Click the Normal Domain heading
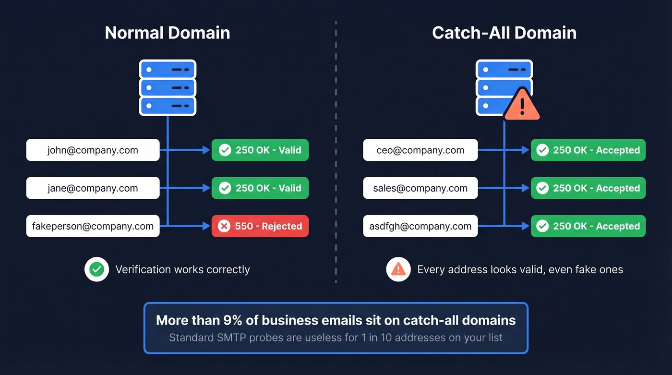pos(167,33)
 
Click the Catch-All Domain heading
pos(504,33)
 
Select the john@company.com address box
pos(93,150)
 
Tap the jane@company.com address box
pos(93,188)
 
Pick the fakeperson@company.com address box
pos(93,226)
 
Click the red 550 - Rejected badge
pos(260,226)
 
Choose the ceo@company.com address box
pos(420,150)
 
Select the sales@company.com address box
pos(420,188)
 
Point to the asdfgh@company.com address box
pos(420,226)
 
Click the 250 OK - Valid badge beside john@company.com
pos(260,150)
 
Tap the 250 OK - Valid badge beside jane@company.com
pos(260,188)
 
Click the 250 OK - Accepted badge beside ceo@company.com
pos(588,150)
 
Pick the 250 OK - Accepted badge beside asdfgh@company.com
pos(588,226)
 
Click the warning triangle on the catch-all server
pos(522,105)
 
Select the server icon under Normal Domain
pos(168,87)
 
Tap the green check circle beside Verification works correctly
pos(96,269)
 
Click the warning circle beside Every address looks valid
pos(398,269)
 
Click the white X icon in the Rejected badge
pos(224,226)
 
